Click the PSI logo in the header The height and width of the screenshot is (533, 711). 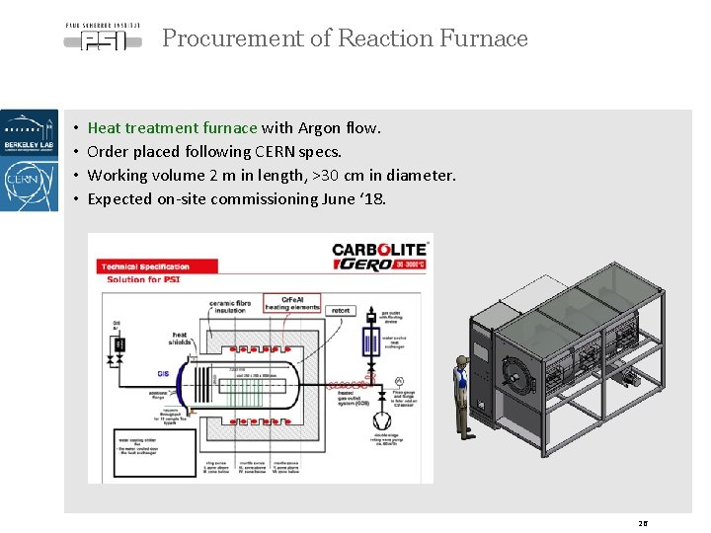tap(103, 37)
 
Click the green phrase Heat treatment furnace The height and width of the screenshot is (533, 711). tap(172, 127)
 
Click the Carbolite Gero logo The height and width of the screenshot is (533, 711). tap(379, 257)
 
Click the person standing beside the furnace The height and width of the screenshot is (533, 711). tap(459, 391)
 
